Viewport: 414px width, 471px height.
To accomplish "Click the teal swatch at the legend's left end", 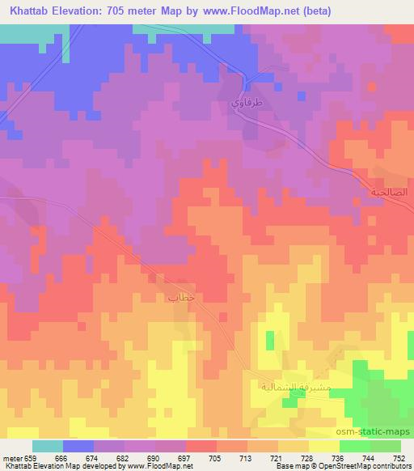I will [48, 446].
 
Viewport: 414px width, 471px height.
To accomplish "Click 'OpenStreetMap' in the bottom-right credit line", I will [332, 467].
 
